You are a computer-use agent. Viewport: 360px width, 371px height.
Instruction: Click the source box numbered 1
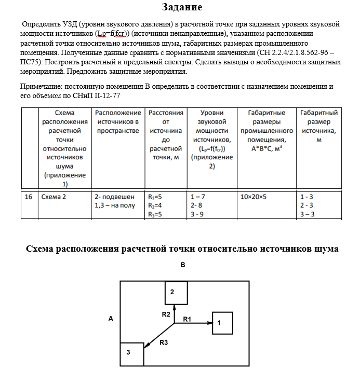click(x=222, y=323)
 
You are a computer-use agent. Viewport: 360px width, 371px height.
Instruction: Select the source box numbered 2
click(x=176, y=292)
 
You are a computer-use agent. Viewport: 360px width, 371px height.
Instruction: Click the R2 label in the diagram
click(x=165, y=314)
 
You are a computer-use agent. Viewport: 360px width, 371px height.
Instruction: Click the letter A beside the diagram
click(x=111, y=319)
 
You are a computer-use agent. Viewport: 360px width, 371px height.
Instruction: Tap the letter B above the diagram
click(x=182, y=265)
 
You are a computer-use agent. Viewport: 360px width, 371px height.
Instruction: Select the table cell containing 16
click(x=29, y=197)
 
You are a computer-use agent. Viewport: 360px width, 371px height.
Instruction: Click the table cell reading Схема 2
click(x=55, y=197)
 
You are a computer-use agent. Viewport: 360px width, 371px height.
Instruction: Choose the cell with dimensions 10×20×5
click(x=254, y=197)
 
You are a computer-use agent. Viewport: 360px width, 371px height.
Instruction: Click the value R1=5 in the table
click(x=155, y=197)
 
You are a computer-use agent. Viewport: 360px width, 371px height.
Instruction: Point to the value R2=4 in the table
click(x=155, y=205)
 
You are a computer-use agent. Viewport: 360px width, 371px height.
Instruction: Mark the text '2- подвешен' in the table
click(x=115, y=197)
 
